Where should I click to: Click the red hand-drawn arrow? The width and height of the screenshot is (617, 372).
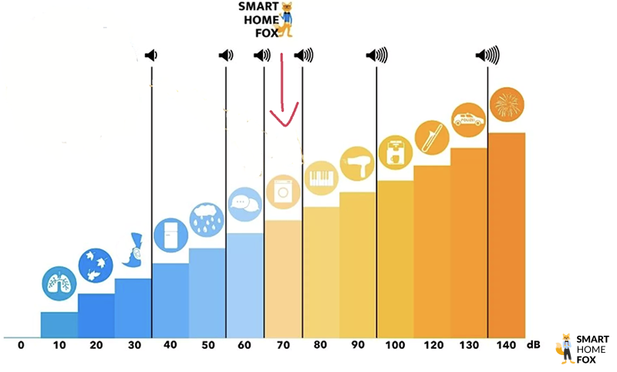coord(283,93)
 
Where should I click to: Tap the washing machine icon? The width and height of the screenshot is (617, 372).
coord(283,190)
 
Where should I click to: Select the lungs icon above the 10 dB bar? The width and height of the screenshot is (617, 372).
coord(59,282)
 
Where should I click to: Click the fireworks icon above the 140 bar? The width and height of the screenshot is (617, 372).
coord(507,103)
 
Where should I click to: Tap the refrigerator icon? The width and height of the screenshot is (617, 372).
coord(170,234)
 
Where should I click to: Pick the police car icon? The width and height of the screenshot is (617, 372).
coord(468,120)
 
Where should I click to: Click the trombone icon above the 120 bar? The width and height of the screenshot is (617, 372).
coord(431,137)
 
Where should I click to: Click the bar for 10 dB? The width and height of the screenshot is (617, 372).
coord(59,324)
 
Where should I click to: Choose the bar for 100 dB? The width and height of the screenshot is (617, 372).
coord(395,259)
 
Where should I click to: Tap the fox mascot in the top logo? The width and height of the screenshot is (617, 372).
coord(287,19)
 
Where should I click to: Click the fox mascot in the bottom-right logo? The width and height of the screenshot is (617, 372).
coord(566,348)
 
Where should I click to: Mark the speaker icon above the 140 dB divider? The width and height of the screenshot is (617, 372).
coord(487,56)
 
